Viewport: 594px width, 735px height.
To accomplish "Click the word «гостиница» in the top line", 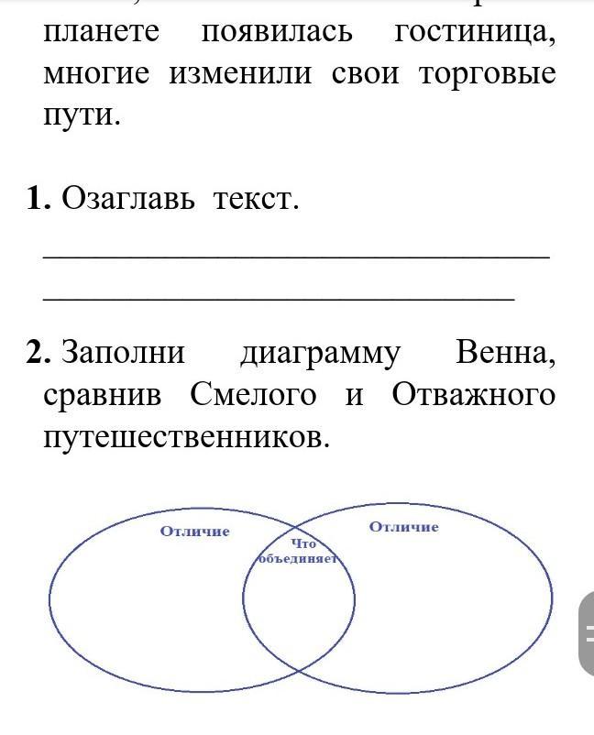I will tap(475, 31).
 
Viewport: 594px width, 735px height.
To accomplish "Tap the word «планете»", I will tap(102, 31).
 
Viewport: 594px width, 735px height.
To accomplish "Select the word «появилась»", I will tap(277, 31).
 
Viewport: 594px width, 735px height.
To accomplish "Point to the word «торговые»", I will tap(487, 73).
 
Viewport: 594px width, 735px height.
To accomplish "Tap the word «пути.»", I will tap(82, 115).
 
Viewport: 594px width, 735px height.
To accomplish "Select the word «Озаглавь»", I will tap(127, 198).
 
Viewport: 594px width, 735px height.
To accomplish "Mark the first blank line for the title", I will tap(296, 258).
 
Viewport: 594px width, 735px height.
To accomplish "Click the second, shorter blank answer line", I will tap(279, 298).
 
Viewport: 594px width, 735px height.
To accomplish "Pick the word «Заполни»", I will tap(124, 353).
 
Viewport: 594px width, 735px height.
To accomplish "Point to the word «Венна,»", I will tap(505, 352).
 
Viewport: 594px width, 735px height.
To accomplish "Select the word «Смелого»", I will tap(254, 395).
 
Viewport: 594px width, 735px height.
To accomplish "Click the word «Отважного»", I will tap(473, 395).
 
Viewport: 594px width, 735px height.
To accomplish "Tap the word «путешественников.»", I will tap(186, 437).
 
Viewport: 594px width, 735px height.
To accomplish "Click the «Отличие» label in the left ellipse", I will tap(195, 532).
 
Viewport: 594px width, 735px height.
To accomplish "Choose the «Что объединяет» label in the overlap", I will tap(299, 551).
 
